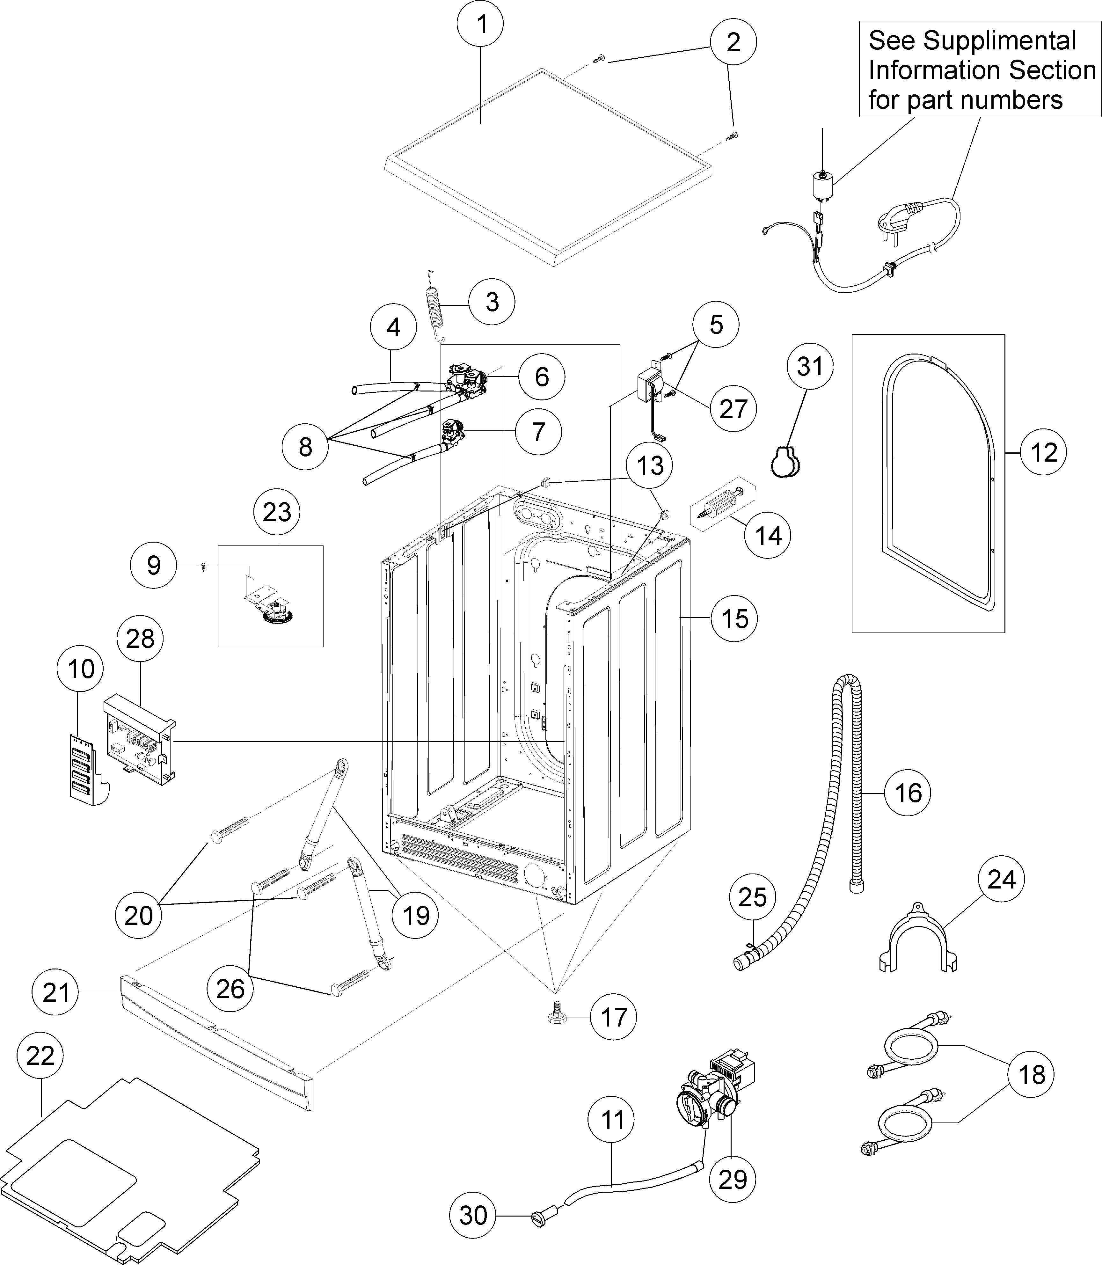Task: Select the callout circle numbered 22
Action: pyautogui.click(x=40, y=1056)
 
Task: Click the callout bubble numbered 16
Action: pyautogui.click(x=908, y=793)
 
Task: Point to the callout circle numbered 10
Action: pyautogui.click(x=81, y=669)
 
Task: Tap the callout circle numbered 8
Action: pyautogui.click(x=305, y=447)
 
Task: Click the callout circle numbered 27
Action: pyautogui.click(x=733, y=409)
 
